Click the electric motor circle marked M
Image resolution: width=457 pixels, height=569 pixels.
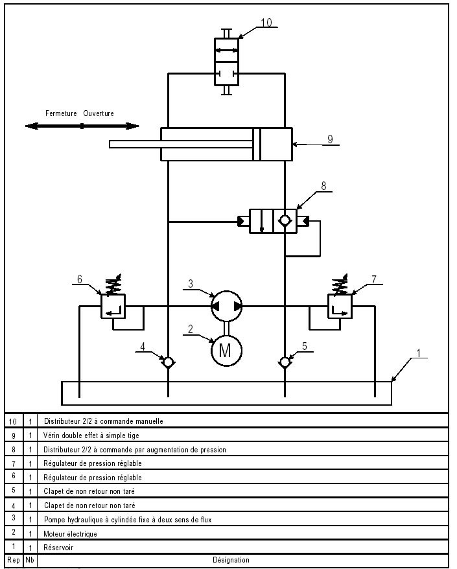pos(226,351)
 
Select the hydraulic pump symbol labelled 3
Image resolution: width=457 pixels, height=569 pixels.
pos(226,305)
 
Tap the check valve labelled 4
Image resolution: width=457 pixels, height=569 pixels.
pos(169,362)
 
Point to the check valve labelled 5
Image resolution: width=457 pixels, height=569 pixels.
pos(285,362)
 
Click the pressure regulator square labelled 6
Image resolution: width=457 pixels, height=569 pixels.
pos(113,305)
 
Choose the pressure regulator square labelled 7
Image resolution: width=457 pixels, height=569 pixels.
pos(340,305)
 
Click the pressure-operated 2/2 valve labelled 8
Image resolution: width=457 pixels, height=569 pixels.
pos(273,220)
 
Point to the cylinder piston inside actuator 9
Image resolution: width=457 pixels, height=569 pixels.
pos(257,144)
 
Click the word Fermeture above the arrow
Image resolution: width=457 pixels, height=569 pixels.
pos(62,113)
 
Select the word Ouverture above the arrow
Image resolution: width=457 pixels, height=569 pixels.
pos(99,113)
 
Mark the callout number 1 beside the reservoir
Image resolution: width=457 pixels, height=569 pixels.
pos(419,353)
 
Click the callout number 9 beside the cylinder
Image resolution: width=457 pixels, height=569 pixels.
pos(329,138)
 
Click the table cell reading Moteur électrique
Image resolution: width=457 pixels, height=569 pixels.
pos(70,533)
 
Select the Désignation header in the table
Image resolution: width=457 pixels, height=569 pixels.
pos(231,560)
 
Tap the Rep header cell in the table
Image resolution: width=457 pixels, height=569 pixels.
pos(13,560)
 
